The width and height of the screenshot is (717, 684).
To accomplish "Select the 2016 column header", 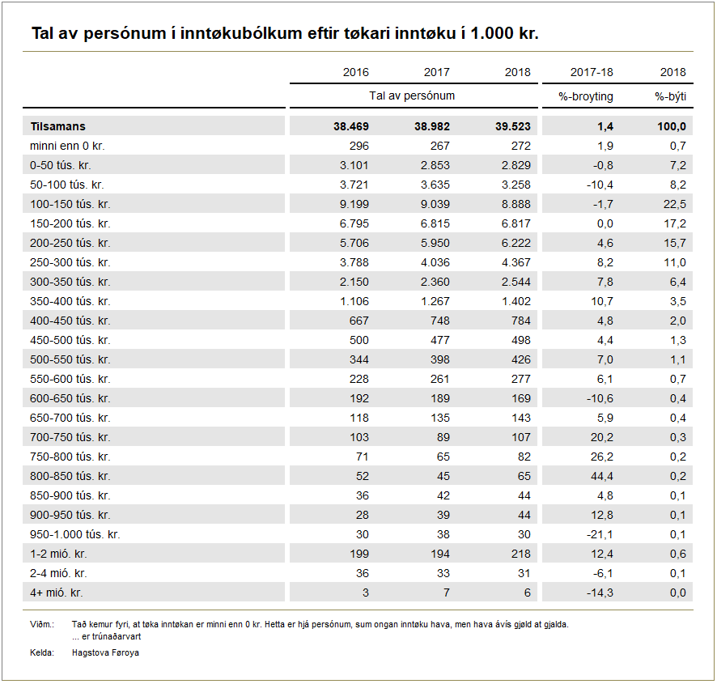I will (x=355, y=72).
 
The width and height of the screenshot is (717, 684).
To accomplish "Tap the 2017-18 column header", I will (x=592, y=72).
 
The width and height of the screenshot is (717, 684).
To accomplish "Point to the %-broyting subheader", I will (x=586, y=96).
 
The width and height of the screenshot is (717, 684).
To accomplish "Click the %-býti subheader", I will (x=670, y=96).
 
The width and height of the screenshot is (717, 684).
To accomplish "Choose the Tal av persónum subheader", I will (x=412, y=96).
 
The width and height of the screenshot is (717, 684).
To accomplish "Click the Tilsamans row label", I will (x=57, y=126).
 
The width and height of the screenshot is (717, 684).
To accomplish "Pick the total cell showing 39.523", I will (x=512, y=126).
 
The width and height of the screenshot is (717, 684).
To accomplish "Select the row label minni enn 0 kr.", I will (x=67, y=146).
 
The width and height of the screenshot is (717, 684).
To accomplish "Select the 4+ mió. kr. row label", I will (x=57, y=593).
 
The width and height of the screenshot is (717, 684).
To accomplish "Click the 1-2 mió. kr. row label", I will (x=58, y=554).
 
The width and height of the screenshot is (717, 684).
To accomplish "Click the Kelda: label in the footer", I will (x=41, y=652).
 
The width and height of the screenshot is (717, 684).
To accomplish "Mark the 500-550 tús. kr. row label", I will (x=70, y=359).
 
